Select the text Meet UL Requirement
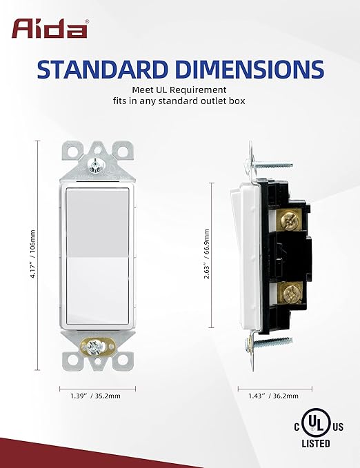pyautogui.click(x=179, y=90)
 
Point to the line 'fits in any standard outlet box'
pyautogui.click(x=179, y=102)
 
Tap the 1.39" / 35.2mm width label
pyautogui.click(x=97, y=396)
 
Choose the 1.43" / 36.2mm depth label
pyautogui.click(x=274, y=396)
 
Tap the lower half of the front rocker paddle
pyautogui.click(x=97, y=289)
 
